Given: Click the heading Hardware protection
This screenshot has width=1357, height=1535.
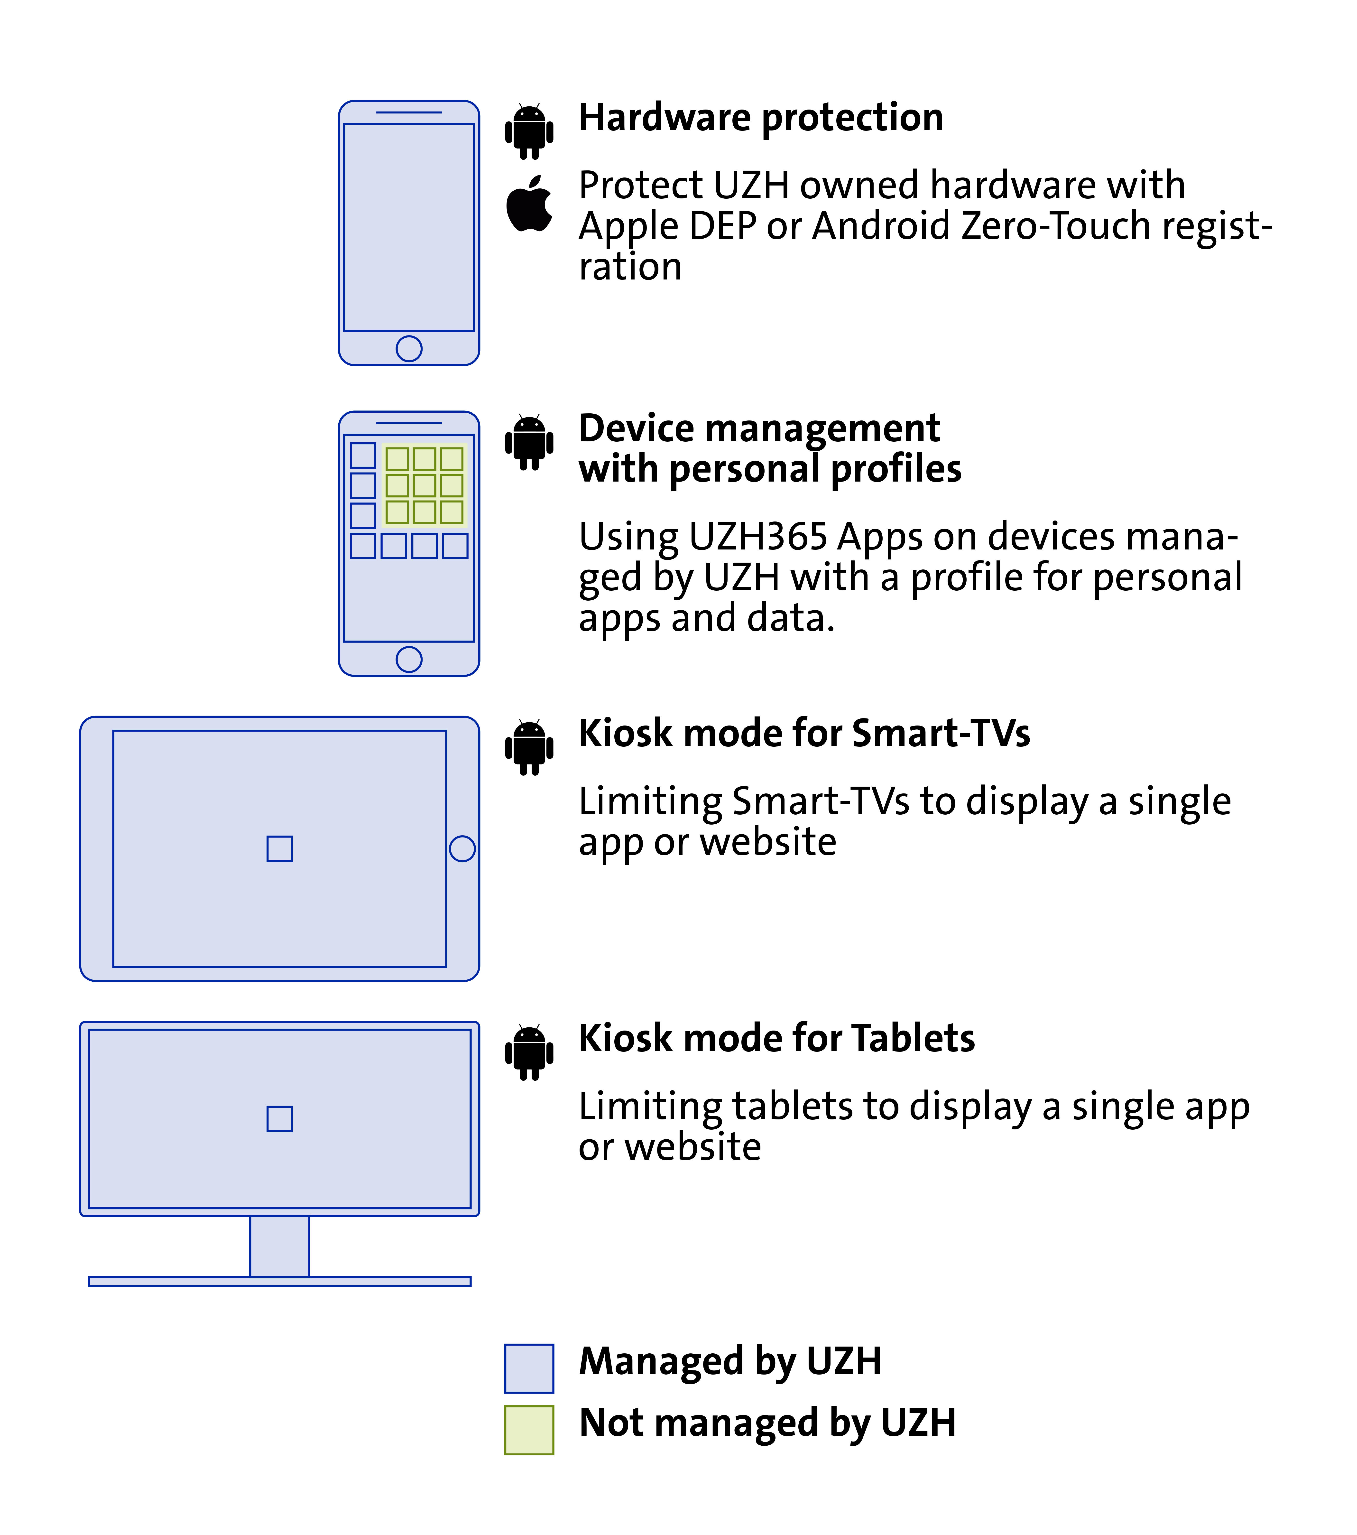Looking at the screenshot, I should tap(761, 118).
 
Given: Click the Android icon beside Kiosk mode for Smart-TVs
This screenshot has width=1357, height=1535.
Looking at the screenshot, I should tap(529, 747).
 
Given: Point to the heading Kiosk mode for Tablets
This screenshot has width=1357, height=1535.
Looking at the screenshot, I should tap(776, 1039).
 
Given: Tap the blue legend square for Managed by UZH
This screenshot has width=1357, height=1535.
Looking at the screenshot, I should tap(529, 1368).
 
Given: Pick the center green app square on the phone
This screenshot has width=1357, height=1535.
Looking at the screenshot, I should tap(424, 485).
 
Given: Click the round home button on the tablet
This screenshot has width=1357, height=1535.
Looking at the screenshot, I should tap(462, 849).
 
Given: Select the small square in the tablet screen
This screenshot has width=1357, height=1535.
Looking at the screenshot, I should tap(279, 849).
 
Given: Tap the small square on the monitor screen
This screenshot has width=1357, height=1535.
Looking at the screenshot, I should tap(279, 1119).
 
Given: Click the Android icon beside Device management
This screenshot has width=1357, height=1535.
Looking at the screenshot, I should tap(529, 442).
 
